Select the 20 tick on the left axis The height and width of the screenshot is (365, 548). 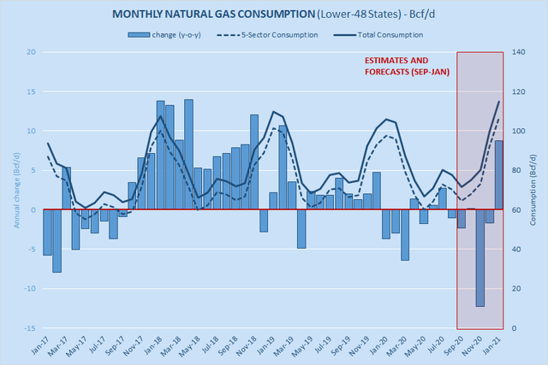[31, 52]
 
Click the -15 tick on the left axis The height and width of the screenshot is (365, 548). [29, 328]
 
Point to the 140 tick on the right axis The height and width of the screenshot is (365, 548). [519, 52]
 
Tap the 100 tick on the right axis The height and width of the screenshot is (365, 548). [519, 131]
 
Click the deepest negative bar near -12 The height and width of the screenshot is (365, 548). [480, 257]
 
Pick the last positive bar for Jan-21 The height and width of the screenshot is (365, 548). [499, 175]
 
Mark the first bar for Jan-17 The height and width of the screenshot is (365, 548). [47, 232]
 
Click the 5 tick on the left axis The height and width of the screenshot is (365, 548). [33, 170]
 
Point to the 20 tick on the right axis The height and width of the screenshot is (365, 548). [516, 289]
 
